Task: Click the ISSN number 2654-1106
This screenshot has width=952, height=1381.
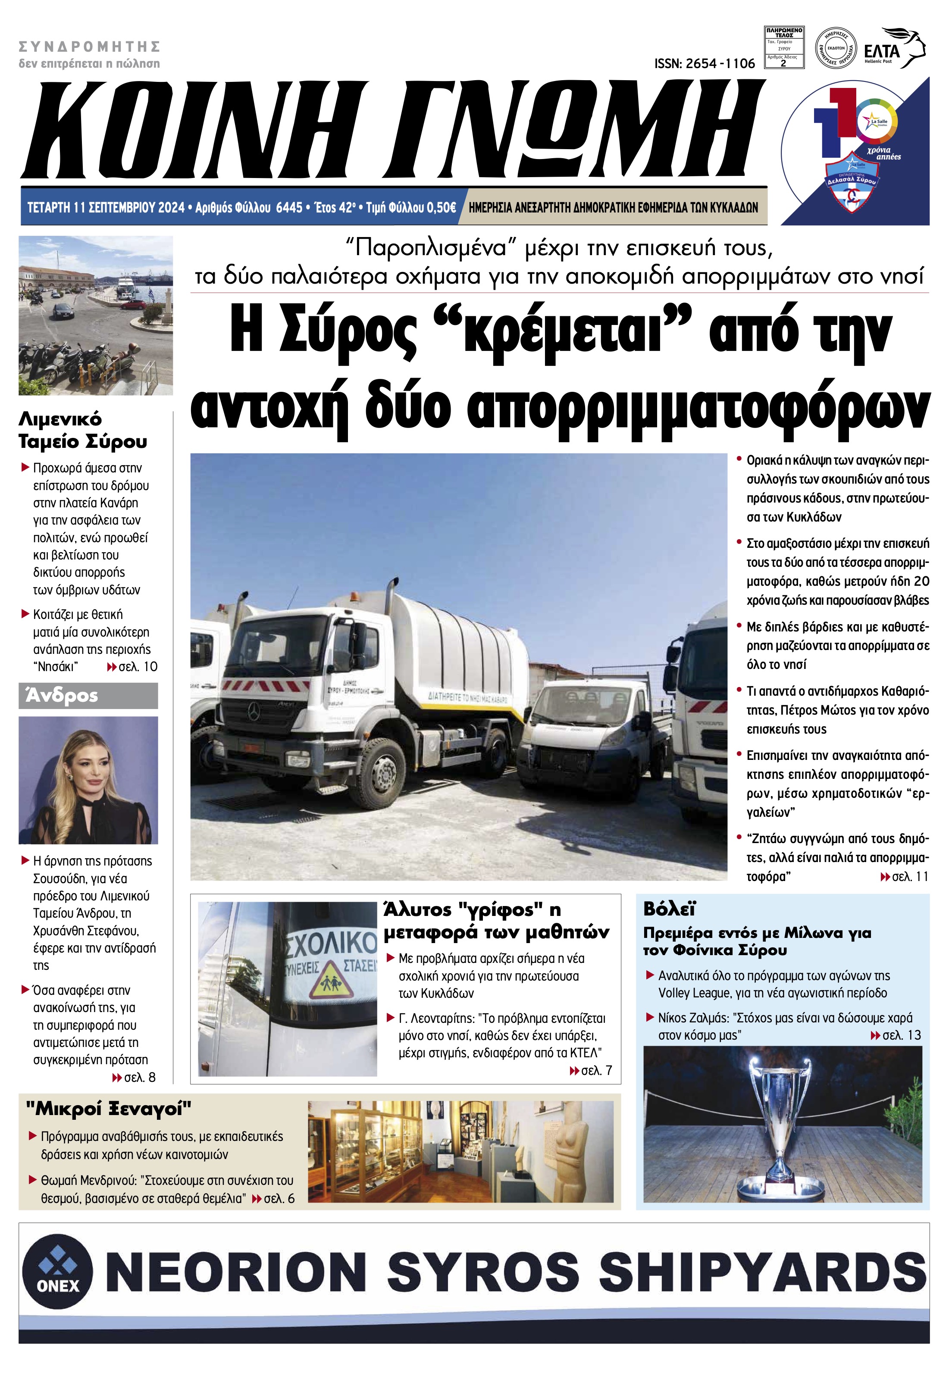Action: point(704,63)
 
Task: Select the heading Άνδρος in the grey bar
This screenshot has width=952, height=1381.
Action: point(61,696)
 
